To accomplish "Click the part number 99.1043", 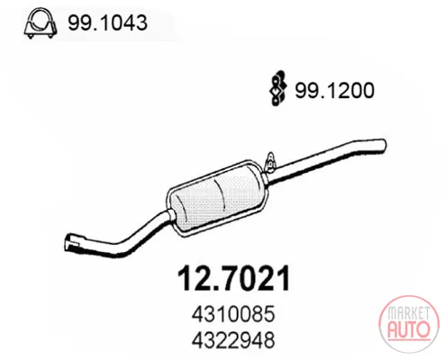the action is point(107,22).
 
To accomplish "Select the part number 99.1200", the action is point(334,90).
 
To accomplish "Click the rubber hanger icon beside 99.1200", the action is point(277,88).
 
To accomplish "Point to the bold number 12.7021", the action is point(234,278).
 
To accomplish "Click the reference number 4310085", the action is point(233,314).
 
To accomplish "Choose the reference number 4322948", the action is point(233,340).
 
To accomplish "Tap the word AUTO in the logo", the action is point(409,330).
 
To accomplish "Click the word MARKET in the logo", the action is point(408,313).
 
